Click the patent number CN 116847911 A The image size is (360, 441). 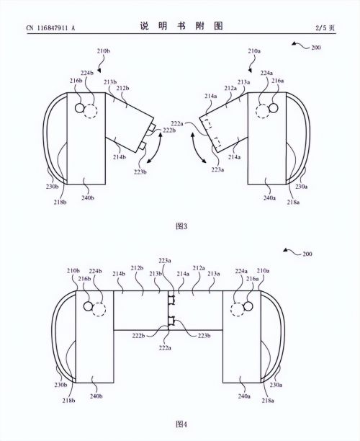pos(50,28)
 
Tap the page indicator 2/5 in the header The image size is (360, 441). pos(320,28)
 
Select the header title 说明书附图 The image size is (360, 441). pos(181,26)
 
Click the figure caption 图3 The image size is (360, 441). pos(181,226)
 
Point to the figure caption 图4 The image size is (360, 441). pos(181,424)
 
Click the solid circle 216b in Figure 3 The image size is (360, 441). pos(79,108)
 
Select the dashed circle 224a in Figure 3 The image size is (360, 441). pos(263,111)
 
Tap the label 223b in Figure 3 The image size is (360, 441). pos(140,171)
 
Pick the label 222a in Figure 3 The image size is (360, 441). pos(177,123)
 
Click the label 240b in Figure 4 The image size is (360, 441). pos(96,396)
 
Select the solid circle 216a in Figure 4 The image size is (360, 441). pos(248,306)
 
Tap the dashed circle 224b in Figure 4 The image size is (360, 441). pos(99,309)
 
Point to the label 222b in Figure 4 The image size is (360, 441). pos(138,336)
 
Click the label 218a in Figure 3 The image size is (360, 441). pos(293,202)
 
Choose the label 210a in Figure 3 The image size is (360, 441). pos(254,51)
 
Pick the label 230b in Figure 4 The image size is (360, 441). pos(60,385)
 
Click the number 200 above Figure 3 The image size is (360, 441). pos(316,48)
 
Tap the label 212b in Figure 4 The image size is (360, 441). pos(137,268)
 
